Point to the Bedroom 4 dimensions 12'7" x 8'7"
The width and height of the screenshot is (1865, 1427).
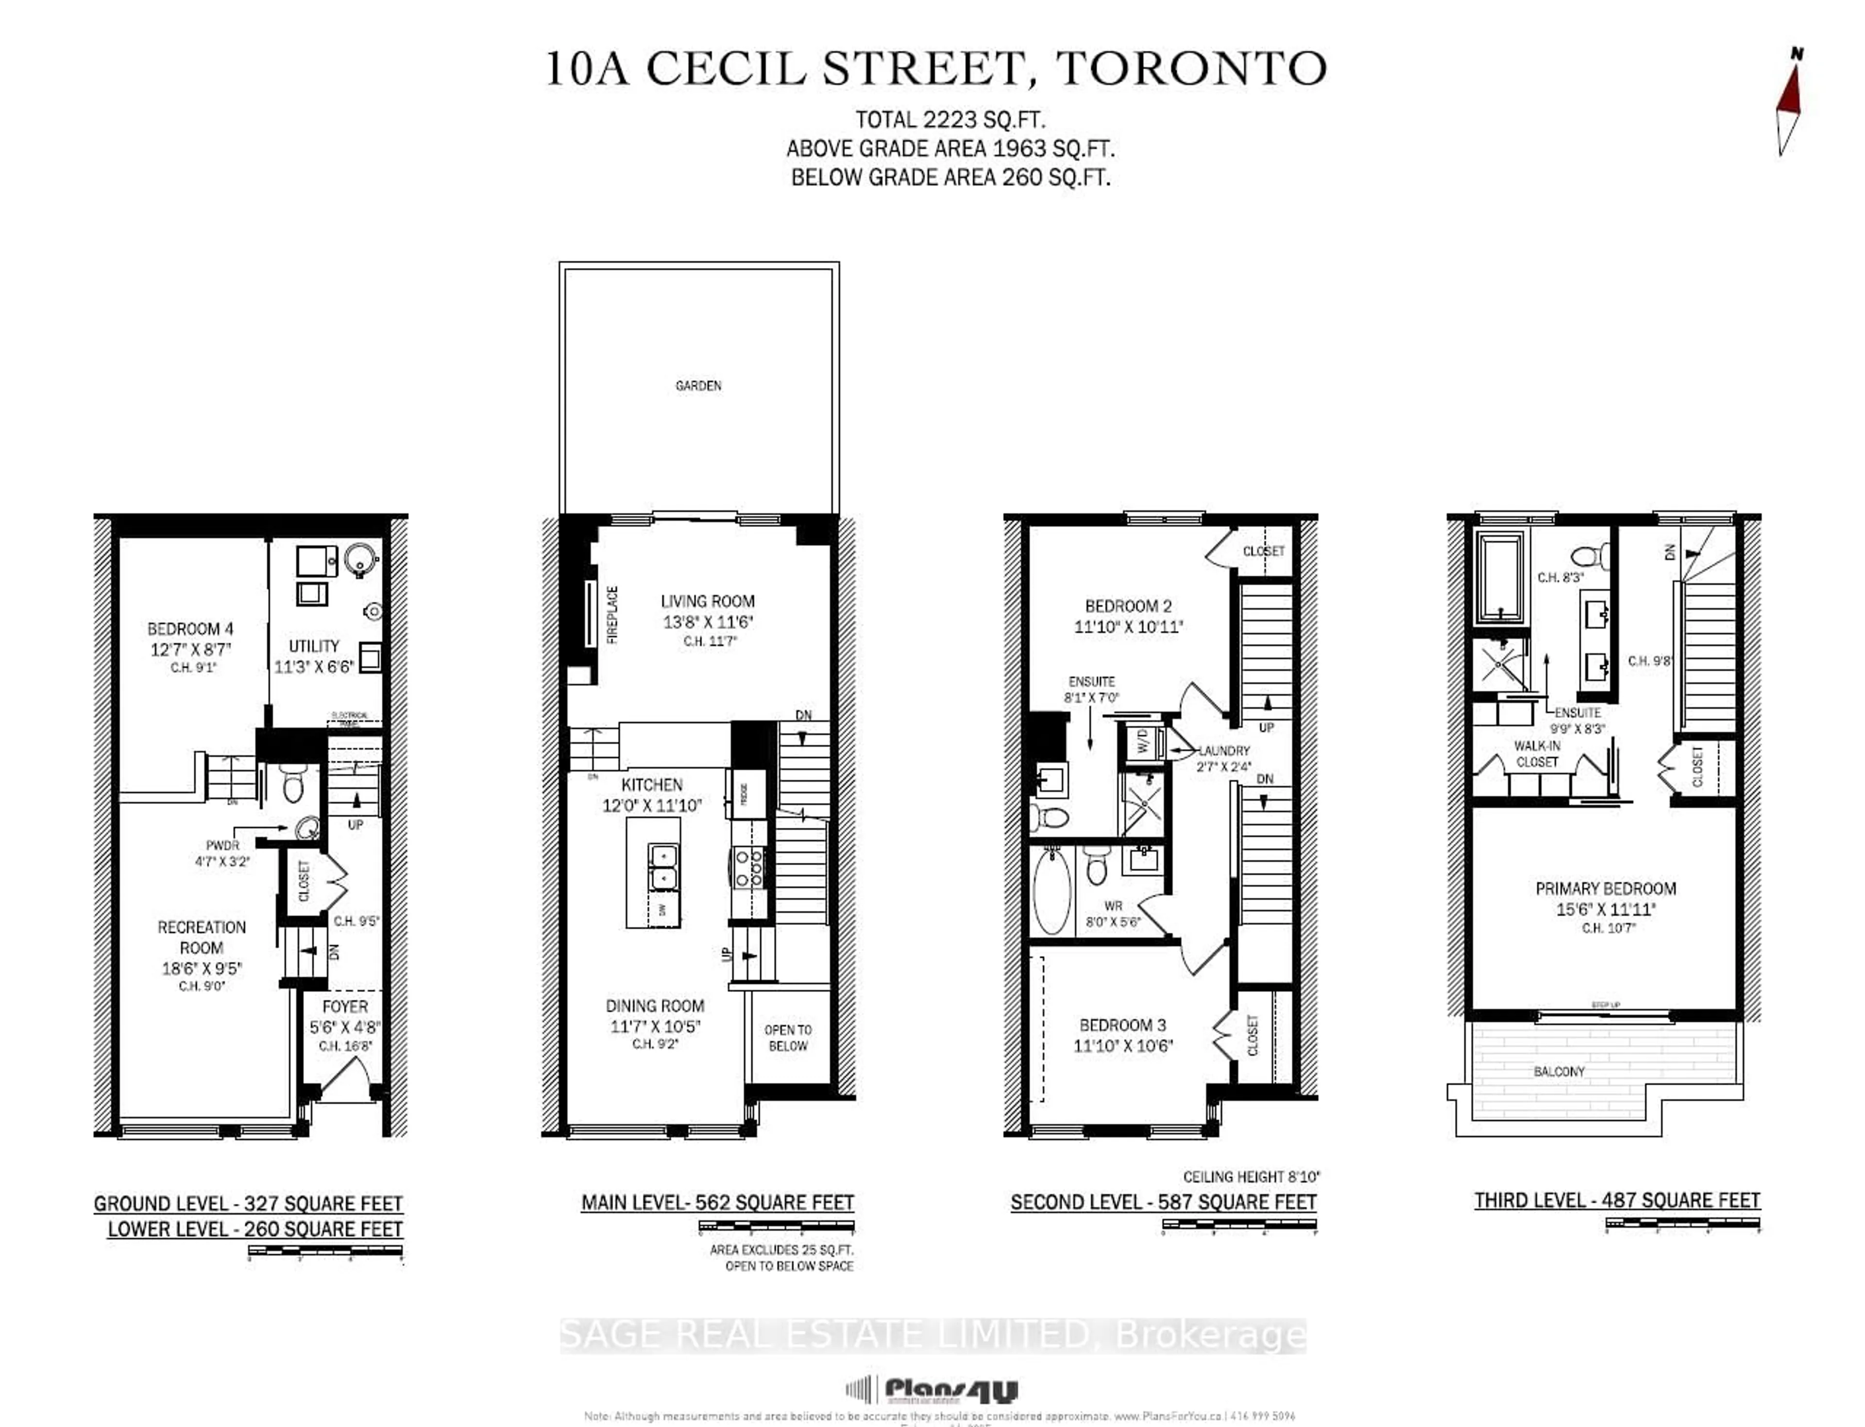pyautogui.click(x=190, y=649)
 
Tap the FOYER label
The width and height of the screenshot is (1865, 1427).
pyautogui.click(x=345, y=1007)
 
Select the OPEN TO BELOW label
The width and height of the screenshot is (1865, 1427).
pyautogui.click(x=788, y=1037)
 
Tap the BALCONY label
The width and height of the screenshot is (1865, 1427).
pyautogui.click(x=1559, y=1072)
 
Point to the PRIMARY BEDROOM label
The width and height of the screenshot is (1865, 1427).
pyautogui.click(x=1605, y=889)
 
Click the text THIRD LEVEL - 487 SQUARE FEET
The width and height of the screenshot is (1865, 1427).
pyautogui.click(x=1616, y=1200)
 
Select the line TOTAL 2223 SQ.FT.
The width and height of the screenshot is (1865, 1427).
pyautogui.click(x=950, y=120)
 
